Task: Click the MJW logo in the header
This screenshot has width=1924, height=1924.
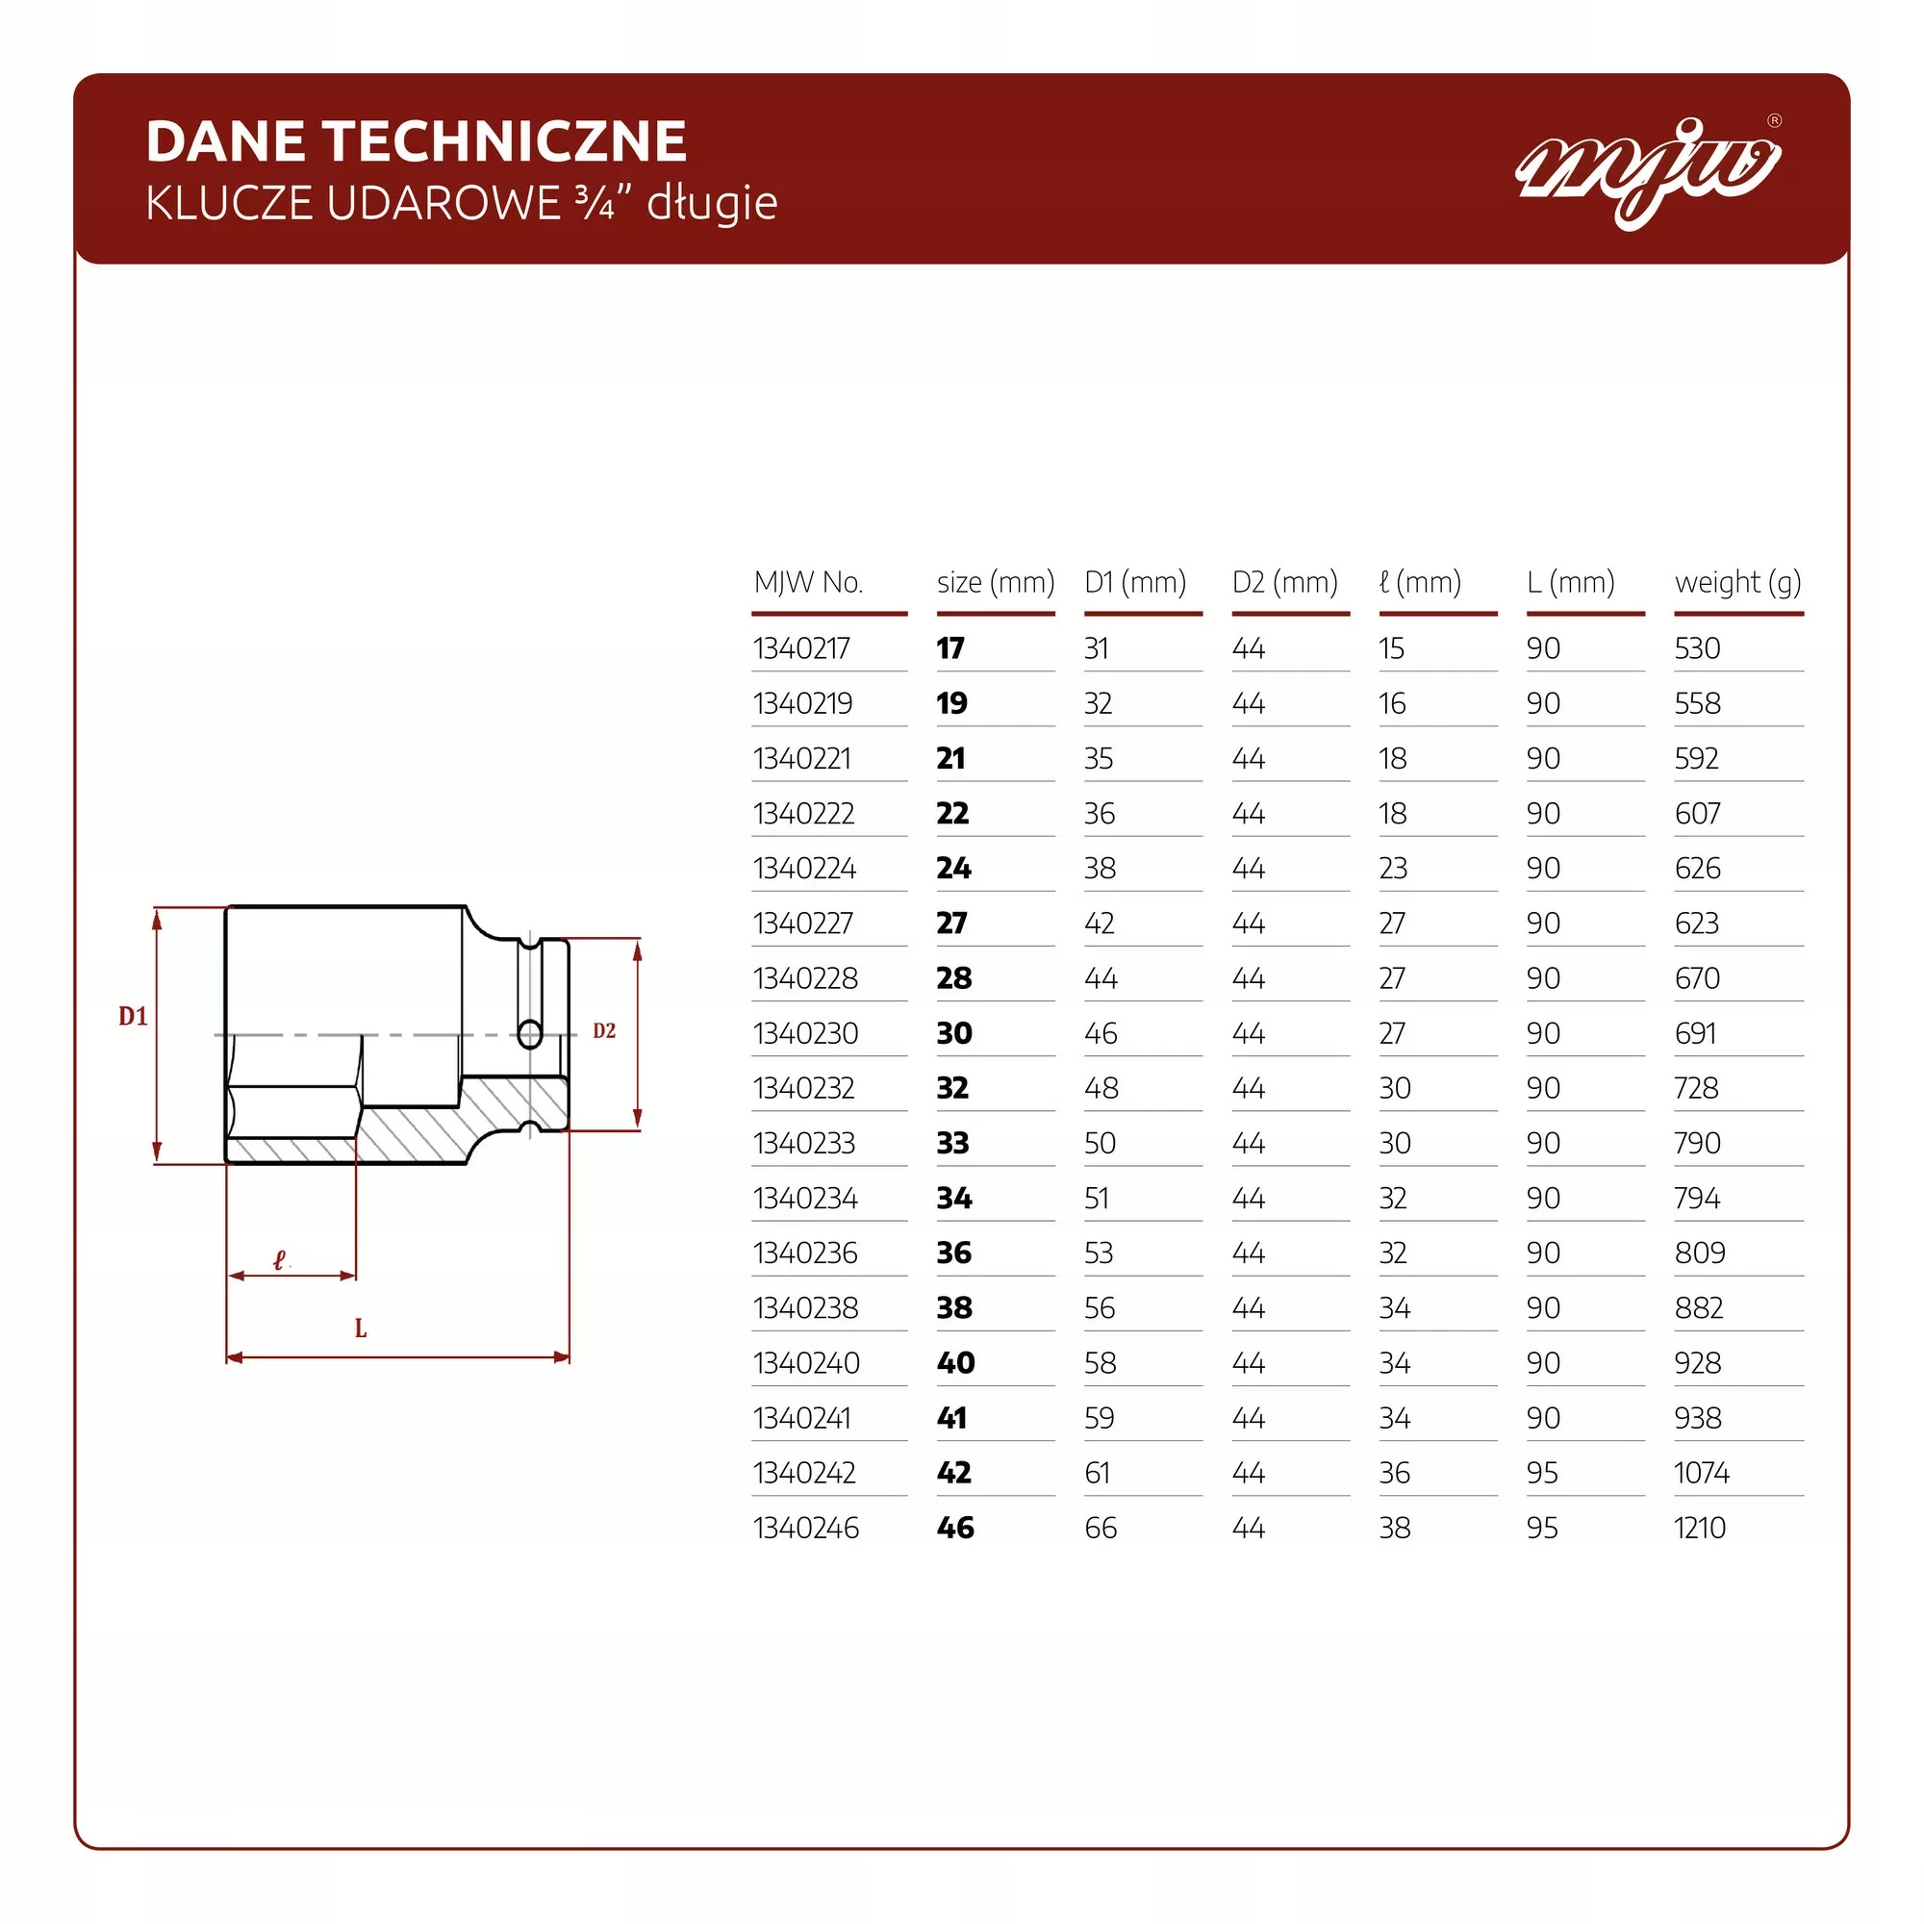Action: point(1647,169)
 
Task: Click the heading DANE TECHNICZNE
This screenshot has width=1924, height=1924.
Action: point(417,140)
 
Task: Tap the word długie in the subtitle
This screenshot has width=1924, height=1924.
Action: point(712,203)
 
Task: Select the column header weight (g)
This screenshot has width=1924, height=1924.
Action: point(1737,582)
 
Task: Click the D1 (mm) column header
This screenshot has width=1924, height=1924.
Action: point(1135,582)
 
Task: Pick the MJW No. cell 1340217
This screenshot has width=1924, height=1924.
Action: point(801,648)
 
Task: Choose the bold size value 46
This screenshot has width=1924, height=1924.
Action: point(955,1528)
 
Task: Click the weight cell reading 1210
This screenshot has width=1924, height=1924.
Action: point(1699,1528)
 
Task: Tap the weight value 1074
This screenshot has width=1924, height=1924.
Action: point(1701,1473)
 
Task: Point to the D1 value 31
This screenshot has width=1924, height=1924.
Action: point(1097,648)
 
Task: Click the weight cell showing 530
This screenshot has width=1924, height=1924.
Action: point(1697,648)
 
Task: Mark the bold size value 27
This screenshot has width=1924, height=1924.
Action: point(952,924)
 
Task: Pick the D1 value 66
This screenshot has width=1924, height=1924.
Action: point(1101,1528)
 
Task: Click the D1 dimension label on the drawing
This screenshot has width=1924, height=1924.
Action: point(133,1016)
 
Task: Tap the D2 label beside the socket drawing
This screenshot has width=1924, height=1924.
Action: point(604,1030)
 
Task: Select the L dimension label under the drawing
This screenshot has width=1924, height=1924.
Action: point(361,1328)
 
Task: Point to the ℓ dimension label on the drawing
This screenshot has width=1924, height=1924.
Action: point(280,1261)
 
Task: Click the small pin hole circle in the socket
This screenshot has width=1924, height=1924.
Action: point(530,1035)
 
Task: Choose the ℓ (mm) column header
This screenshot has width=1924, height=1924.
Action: point(1420,582)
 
